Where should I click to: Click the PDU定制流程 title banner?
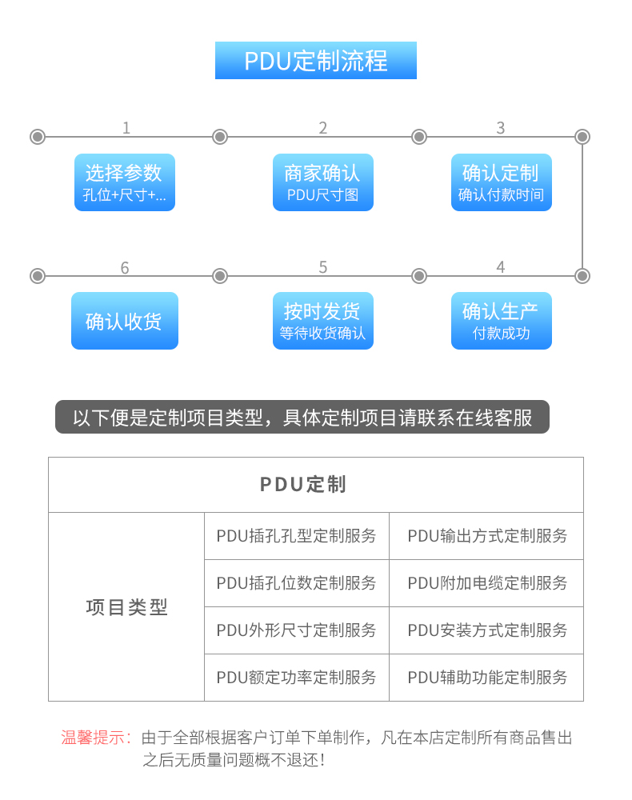[x=316, y=60]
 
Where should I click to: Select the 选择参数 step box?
[x=125, y=182]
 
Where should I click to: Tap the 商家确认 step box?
[x=323, y=182]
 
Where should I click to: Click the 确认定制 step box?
[x=502, y=182]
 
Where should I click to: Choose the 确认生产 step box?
[x=502, y=321]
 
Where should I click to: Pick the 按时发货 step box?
[x=323, y=321]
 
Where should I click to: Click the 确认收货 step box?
[x=125, y=321]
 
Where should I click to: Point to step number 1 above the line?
[x=126, y=127]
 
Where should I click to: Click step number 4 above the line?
[x=501, y=267]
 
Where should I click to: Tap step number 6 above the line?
[x=125, y=267]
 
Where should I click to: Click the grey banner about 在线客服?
[x=302, y=417]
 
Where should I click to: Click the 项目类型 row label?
[x=126, y=606]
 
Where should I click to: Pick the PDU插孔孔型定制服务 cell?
[x=296, y=536]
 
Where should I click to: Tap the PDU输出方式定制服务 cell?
[x=486, y=536]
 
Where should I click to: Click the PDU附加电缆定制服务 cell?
[x=486, y=582]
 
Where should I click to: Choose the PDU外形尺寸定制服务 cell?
[x=296, y=630]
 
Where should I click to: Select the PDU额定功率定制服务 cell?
[x=296, y=677]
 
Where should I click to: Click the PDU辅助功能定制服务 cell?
[x=486, y=677]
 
